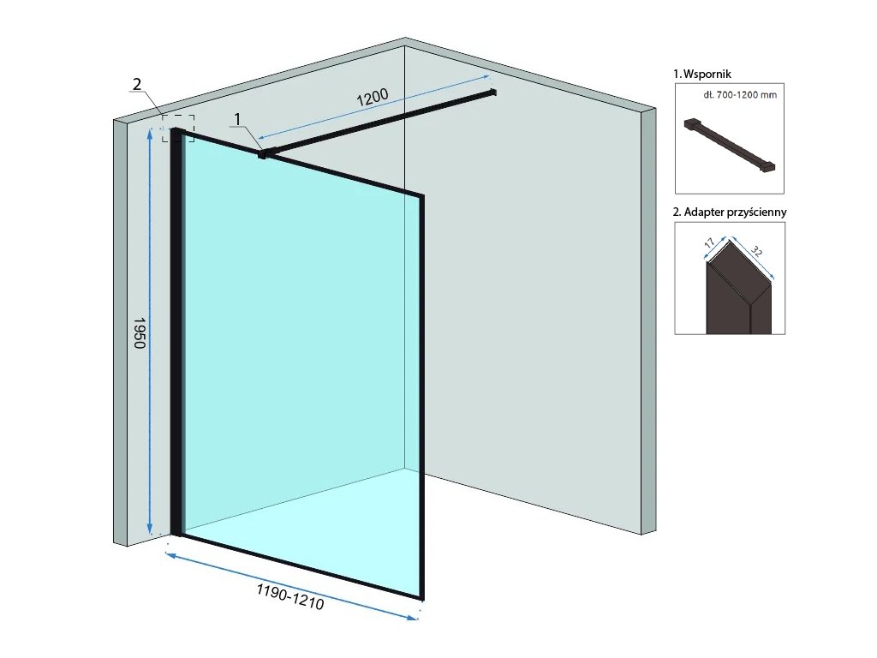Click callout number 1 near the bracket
[239, 119]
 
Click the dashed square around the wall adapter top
[179, 128]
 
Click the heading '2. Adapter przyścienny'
[730, 211]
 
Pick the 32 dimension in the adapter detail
[757, 252]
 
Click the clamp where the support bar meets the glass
[263, 154]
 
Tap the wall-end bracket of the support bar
[492, 91]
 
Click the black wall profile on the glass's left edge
[176, 334]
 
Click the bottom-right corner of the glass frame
[420, 596]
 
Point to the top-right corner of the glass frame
[421, 196]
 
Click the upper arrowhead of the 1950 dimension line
[151, 131]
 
